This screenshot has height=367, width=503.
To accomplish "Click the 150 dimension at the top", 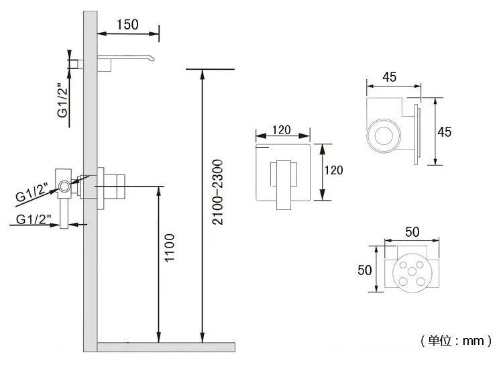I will coord(127,25).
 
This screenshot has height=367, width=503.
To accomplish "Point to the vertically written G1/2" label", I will coord(62,100).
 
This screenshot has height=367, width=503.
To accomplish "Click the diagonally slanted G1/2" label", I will coord(32,193).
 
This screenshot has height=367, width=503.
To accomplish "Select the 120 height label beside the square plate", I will coord(333,170).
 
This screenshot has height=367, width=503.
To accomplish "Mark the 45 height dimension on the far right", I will coord(444,132).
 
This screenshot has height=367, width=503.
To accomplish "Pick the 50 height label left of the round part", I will coord(366,270).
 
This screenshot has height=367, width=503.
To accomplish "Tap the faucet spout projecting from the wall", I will coord(131,60).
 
